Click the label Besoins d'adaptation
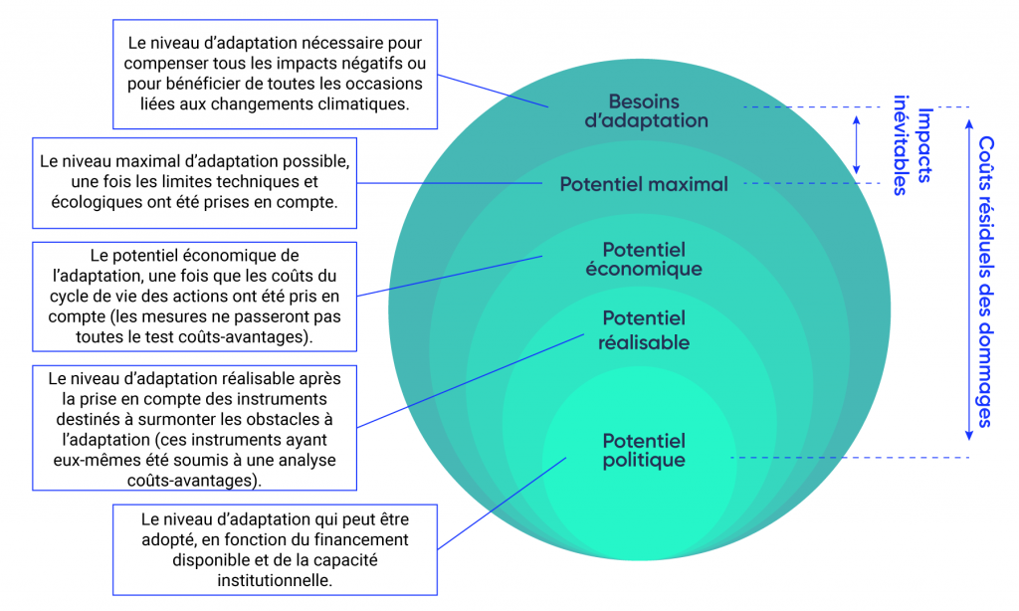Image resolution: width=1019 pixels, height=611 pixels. tap(658, 110)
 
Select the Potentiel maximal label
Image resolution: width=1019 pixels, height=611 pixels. tap(643, 184)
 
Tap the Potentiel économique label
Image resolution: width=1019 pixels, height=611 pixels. tap(652, 259)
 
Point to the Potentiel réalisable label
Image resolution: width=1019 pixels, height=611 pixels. tap(644, 329)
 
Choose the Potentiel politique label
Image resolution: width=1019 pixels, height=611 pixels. tap(644, 450)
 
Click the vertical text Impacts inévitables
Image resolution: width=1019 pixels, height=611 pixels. tap(914, 145)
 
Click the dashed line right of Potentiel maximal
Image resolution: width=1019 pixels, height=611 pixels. tap(811, 184)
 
